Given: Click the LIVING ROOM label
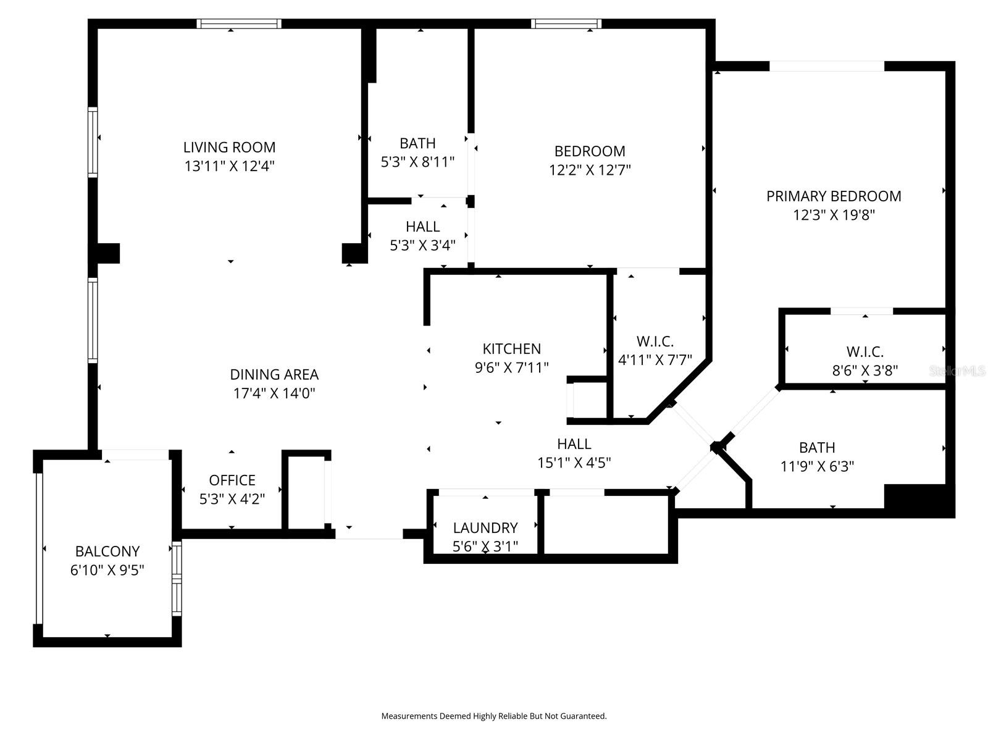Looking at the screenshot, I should (229, 147).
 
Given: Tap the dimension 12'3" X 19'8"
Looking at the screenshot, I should (834, 215).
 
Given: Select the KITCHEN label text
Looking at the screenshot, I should (511, 348).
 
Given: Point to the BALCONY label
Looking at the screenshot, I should (107, 551).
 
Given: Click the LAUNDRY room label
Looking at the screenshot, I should (485, 528).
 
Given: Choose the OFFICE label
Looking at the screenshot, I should (232, 480).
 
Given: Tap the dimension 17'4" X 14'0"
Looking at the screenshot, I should (274, 393).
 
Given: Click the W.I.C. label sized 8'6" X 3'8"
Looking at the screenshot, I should (865, 351).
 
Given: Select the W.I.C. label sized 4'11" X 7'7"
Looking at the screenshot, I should (655, 341).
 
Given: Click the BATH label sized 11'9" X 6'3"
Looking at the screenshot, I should (817, 447).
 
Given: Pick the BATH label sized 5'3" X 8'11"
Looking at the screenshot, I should (417, 143).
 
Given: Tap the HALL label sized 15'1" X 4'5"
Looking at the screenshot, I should (574, 443).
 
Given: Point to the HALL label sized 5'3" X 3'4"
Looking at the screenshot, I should (422, 227).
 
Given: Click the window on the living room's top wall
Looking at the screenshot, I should (239, 23).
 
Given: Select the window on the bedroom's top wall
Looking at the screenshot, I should (566, 23).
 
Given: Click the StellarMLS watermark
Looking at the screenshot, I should (957, 371).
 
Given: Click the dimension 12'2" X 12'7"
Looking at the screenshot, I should (590, 170).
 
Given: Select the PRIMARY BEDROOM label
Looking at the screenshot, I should (834, 196).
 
